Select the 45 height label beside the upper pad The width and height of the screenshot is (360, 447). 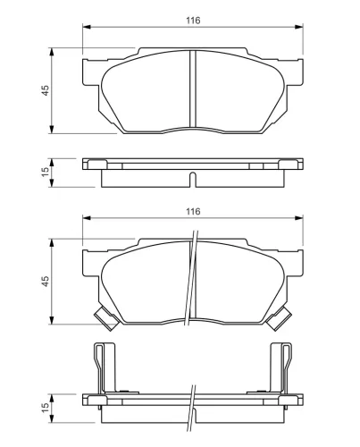click(x=44, y=89)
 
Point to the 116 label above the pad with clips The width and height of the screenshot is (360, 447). click(x=192, y=211)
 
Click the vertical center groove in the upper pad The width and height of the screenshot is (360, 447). click(x=193, y=89)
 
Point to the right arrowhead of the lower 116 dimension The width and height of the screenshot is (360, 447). click(x=299, y=219)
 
